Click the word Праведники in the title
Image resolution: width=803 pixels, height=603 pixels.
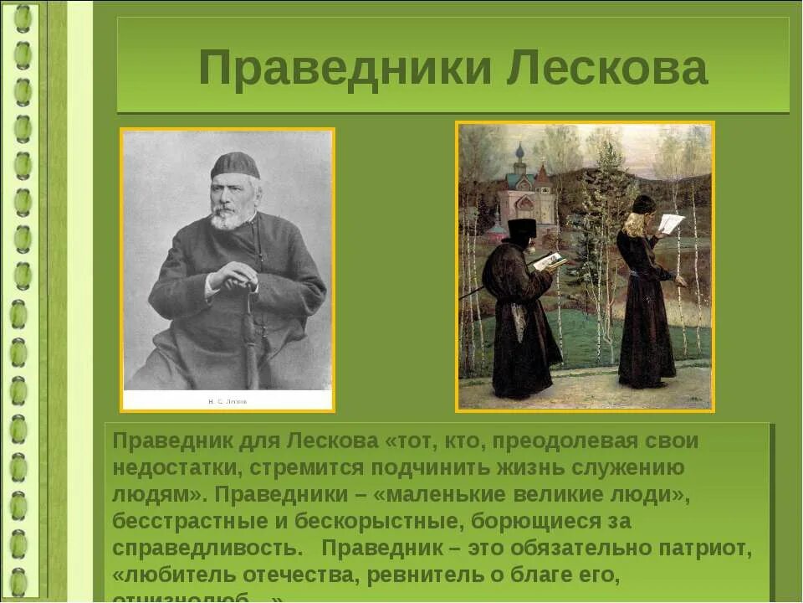(x=344, y=70)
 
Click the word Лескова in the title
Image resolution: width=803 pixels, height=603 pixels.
(x=606, y=70)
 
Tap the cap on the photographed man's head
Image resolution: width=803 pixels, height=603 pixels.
(x=234, y=165)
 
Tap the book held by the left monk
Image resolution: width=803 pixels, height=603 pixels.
(x=550, y=261)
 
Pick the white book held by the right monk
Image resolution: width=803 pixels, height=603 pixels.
(x=670, y=224)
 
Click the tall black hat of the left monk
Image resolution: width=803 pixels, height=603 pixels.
(x=522, y=228)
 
